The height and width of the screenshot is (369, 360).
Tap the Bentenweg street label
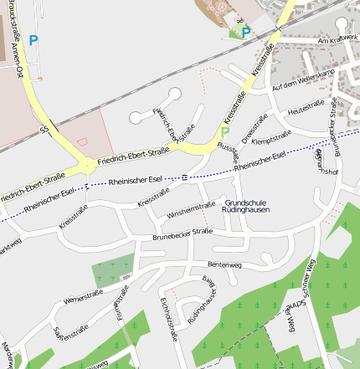[x=224, y=264]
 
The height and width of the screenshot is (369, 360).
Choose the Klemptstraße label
[x=271, y=136]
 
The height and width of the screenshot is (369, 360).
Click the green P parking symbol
[x=225, y=131]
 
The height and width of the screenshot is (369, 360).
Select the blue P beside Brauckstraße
[x=33, y=39]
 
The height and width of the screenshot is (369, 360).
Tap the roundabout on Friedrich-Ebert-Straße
[x=86, y=165]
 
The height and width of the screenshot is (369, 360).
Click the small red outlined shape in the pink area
[x=81, y=139]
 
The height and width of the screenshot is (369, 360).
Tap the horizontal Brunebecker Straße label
[x=182, y=233]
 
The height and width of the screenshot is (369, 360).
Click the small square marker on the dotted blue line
[x=183, y=177]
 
